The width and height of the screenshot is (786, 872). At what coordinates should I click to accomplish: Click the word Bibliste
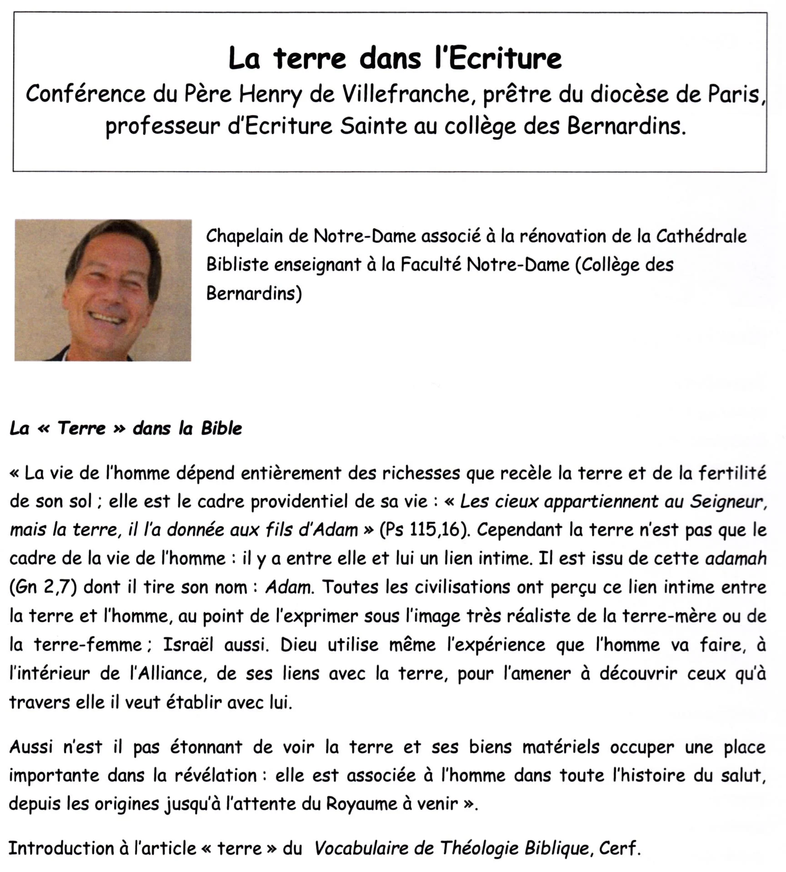(x=237, y=265)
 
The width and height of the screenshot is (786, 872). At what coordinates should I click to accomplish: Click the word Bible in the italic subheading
(x=221, y=428)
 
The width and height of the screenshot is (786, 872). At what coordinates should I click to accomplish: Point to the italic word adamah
(x=736, y=559)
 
